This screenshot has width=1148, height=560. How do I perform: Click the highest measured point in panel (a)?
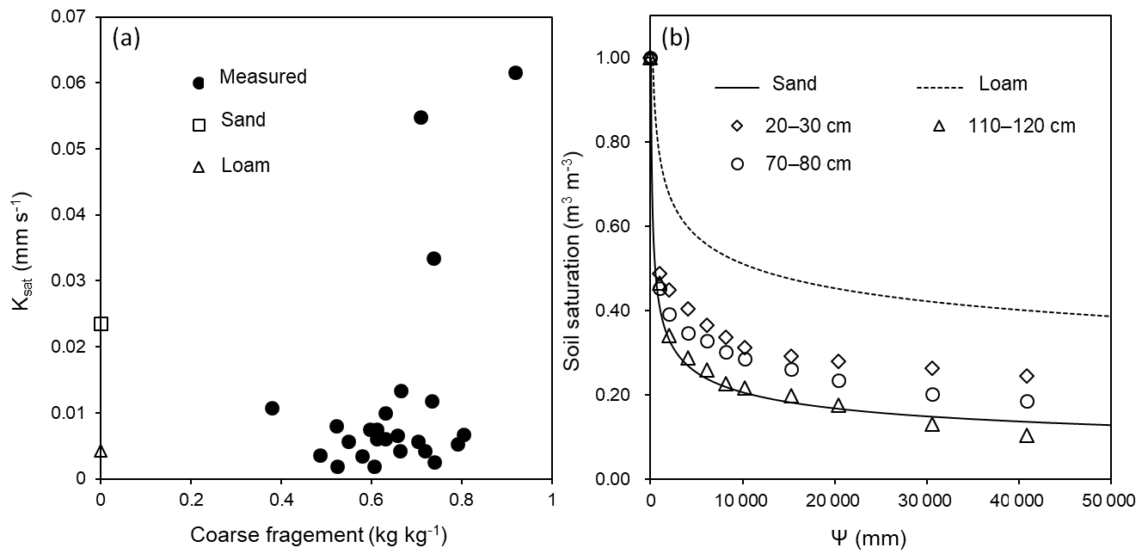[x=515, y=73]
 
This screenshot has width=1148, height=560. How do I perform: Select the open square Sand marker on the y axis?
[x=101, y=323]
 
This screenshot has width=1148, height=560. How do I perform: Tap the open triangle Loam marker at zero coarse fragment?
[x=101, y=451]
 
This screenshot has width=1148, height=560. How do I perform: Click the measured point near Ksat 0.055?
[x=421, y=117]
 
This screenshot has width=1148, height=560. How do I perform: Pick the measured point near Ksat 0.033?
[x=433, y=258]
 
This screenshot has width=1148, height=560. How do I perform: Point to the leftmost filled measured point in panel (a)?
[x=272, y=408]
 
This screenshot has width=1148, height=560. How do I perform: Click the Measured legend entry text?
[x=262, y=77]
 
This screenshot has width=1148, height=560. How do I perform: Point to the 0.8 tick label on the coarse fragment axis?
[x=461, y=500]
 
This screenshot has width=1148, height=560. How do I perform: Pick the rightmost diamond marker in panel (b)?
[x=1026, y=376]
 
